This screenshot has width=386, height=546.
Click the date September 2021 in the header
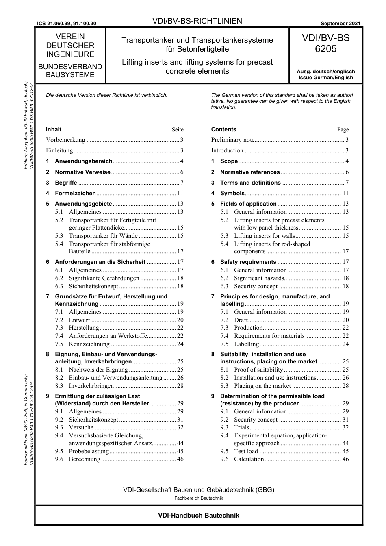340,24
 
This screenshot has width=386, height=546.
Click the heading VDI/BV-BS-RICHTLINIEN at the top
197,21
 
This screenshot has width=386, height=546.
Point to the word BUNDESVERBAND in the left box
70,66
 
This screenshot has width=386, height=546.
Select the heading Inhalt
54,129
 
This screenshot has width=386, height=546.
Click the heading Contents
223,129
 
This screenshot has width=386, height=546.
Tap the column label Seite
178,129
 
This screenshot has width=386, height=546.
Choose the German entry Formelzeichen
75,193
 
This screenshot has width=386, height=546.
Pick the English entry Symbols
232,193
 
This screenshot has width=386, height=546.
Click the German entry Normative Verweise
82,172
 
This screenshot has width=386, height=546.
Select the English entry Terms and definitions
250,183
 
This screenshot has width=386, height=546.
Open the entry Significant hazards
259,278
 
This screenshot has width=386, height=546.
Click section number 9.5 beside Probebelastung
59,451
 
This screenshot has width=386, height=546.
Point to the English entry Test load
246,451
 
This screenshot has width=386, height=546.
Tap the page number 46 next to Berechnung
180,459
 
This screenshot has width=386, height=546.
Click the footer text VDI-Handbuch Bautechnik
198,515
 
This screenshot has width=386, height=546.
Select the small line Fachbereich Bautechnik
198,498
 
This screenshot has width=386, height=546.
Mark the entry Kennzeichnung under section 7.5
89,344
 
